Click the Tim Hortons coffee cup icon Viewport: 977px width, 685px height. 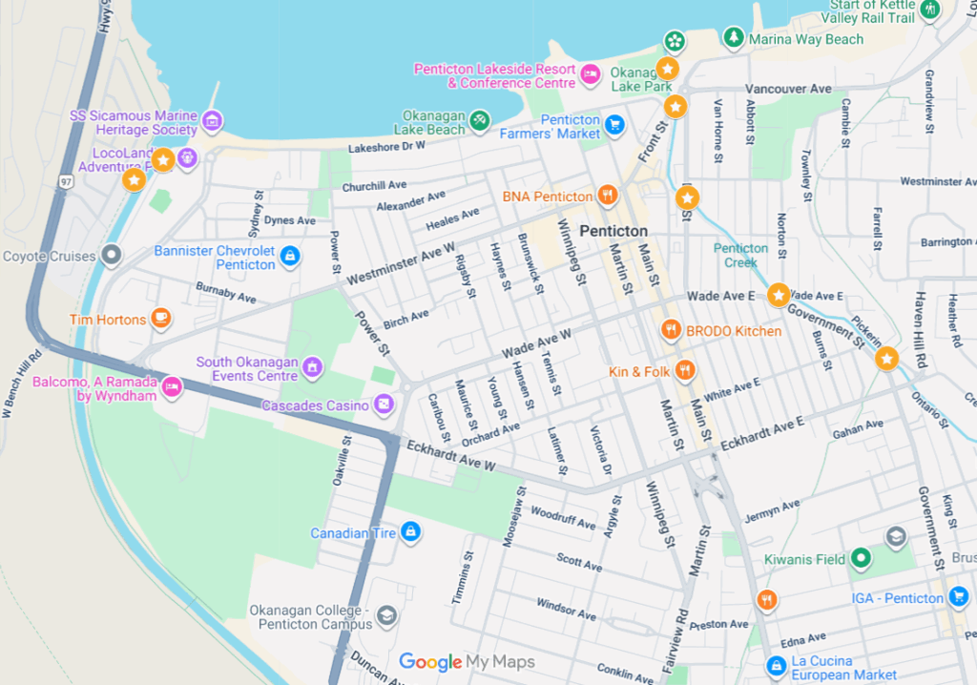click(161, 319)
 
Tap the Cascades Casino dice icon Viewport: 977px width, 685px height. click(383, 405)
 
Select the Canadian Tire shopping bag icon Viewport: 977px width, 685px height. click(410, 532)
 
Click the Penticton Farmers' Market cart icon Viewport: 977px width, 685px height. click(614, 124)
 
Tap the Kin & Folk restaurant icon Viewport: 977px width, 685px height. click(684, 371)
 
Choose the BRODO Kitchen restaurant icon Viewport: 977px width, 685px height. click(672, 330)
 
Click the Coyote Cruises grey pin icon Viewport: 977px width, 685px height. click(112, 255)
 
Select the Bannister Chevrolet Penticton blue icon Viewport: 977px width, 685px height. click(290, 256)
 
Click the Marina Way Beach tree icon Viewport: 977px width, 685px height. click(733, 38)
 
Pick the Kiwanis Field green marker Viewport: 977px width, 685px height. click(861, 558)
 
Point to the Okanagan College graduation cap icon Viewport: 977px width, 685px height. click(386, 616)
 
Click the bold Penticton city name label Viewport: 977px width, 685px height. click(613, 231)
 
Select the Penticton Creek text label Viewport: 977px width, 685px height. click(740, 256)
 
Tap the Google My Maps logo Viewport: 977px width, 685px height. click(467, 662)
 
